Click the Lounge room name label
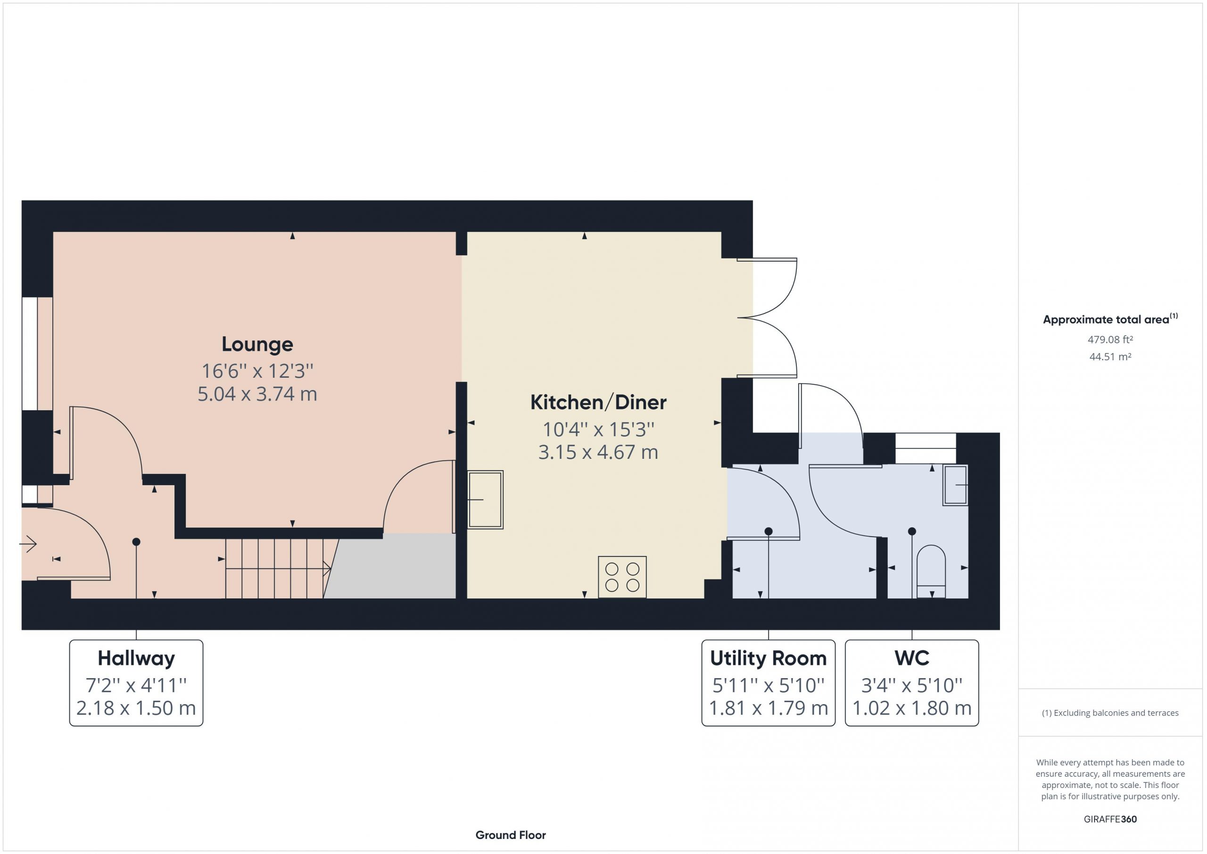pyautogui.click(x=257, y=344)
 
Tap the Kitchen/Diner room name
pyautogui.click(x=598, y=402)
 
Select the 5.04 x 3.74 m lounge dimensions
pyautogui.click(x=257, y=394)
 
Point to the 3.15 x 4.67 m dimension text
pyautogui.click(x=598, y=452)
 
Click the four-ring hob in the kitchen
pyautogui.click(x=622, y=577)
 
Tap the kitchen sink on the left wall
pyautogui.click(x=485, y=499)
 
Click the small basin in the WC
pyautogui.click(x=955, y=485)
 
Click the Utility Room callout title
pyautogui.click(x=769, y=658)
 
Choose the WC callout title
pyautogui.click(x=912, y=658)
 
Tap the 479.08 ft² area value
pyautogui.click(x=1110, y=340)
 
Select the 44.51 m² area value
pyautogui.click(x=1110, y=357)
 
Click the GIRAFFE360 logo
pyautogui.click(x=1110, y=819)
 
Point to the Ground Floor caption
pyautogui.click(x=511, y=835)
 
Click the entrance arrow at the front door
pyautogui.click(x=28, y=543)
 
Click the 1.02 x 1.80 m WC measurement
pyautogui.click(x=912, y=708)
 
